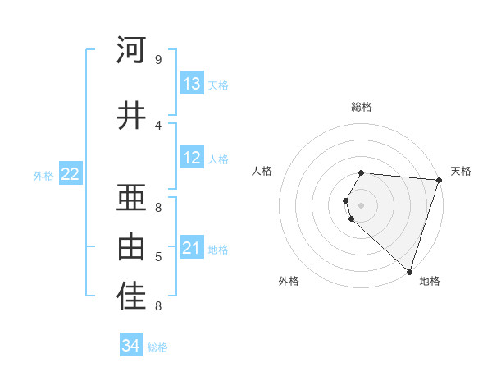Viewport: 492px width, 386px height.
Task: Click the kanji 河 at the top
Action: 131,50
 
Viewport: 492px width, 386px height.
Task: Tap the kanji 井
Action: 131,116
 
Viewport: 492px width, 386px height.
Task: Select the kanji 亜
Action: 131,198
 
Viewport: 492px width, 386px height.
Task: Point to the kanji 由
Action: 131,246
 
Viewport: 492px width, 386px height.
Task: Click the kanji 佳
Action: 131,297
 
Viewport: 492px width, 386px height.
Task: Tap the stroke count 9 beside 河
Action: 158,59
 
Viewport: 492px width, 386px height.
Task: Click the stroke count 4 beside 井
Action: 158,125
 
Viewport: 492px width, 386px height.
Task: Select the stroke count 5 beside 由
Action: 158,257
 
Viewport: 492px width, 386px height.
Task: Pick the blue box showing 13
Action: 192,84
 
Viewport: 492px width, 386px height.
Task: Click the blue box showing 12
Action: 192,158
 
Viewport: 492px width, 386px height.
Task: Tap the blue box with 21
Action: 192,248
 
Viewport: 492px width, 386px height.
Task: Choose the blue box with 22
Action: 71,174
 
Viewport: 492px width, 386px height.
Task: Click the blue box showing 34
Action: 131,347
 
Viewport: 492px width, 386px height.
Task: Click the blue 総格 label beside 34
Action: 157,347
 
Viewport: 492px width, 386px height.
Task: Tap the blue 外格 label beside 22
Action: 43,175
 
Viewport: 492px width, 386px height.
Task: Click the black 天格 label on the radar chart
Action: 461,171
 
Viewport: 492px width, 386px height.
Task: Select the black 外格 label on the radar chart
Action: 289,281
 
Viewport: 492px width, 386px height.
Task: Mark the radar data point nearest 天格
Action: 439,179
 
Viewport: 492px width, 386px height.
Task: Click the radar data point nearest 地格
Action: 409,271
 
